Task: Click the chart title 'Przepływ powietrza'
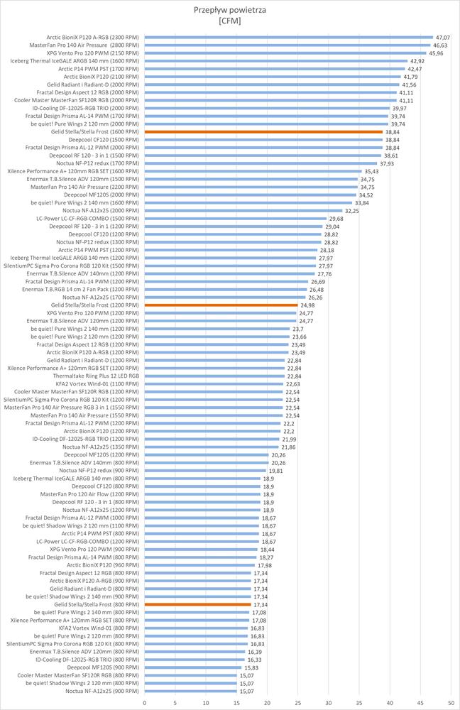coord(230,10)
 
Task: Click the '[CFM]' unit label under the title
coord(230,21)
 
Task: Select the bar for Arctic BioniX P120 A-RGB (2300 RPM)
coord(288,37)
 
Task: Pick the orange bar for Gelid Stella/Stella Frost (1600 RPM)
coord(263,132)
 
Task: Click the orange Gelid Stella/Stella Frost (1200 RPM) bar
coord(221,305)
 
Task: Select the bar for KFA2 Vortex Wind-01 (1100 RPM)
coord(214,383)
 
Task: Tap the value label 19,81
coord(276,471)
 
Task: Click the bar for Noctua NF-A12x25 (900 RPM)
coord(191,691)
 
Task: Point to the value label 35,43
coord(372,171)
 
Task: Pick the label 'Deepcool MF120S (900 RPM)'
coord(103,667)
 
